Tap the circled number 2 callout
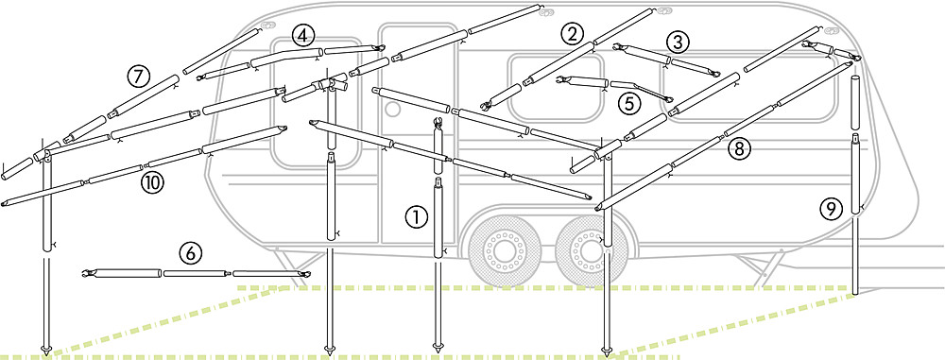[572, 34]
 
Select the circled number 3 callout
[678, 43]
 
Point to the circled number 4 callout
[302, 36]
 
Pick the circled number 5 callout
[629, 104]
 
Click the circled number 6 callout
[191, 253]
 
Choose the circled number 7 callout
[138, 77]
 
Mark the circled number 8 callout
[739, 148]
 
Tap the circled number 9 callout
[831, 209]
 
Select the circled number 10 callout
[152, 182]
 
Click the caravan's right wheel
[587, 249]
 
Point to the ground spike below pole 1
[438, 348]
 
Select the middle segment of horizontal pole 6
[194, 273]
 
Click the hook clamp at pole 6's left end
[89, 274]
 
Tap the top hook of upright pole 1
[438, 123]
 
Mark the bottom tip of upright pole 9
[855, 294]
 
